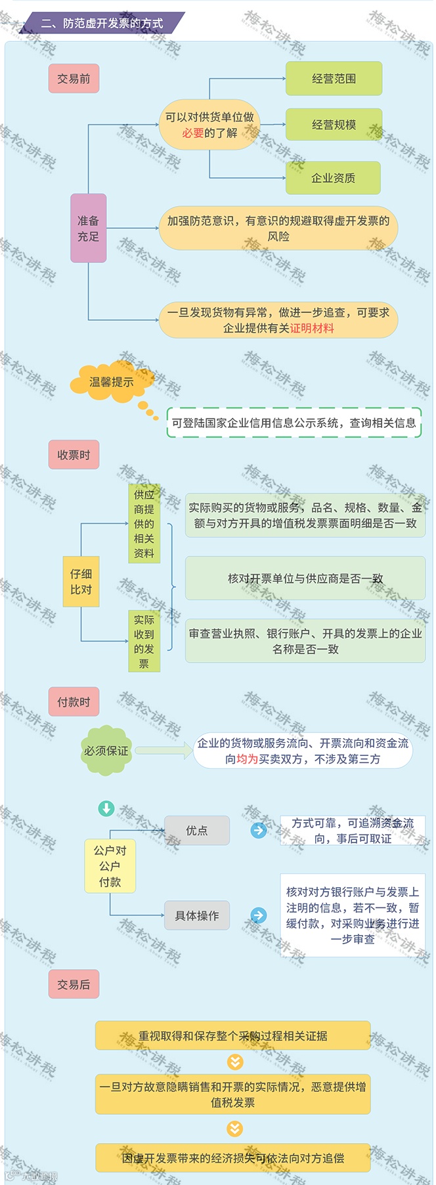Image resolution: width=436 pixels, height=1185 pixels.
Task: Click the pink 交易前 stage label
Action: click(74, 79)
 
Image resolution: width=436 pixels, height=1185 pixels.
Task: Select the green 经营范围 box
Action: click(334, 79)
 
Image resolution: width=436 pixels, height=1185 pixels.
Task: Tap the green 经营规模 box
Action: click(334, 125)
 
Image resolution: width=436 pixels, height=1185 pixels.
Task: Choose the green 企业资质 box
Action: click(333, 178)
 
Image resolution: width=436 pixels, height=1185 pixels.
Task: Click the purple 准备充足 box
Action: click(88, 228)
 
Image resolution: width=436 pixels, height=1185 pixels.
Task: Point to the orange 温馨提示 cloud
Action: click(112, 381)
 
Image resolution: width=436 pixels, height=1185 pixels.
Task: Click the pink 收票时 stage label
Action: click(74, 455)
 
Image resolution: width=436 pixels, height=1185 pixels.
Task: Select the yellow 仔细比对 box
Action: click(81, 581)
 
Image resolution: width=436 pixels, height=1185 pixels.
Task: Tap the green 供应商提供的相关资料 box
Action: click(144, 524)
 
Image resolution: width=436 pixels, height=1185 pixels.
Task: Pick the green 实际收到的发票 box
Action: click(144, 641)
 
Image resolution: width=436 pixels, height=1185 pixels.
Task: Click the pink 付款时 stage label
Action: click(74, 702)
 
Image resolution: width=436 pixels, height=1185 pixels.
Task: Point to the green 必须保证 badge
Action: click(106, 751)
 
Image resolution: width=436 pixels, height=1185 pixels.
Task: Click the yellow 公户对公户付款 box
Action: click(110, 866)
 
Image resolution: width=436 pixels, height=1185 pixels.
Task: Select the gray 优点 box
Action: click(196, 831)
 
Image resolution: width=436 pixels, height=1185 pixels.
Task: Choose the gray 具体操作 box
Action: click(196, 915)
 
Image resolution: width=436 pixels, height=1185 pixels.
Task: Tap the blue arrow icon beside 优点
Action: click(259, 831)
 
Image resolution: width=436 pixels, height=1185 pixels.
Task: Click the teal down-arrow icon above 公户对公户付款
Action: click(106, 808)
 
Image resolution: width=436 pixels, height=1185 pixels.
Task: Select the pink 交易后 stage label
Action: click(74, 984)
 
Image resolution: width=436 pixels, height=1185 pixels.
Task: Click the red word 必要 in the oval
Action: click(193, 133)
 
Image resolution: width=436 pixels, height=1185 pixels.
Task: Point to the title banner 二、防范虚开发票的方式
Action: click(102, 24)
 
